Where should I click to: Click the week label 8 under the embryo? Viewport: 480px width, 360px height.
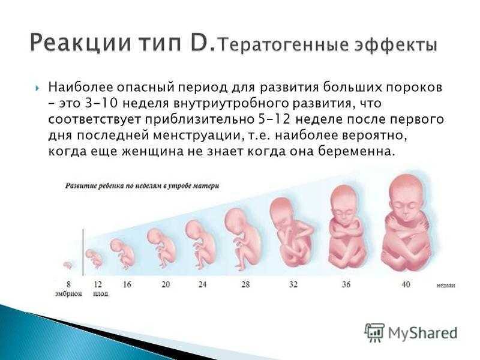(x=68, y=284)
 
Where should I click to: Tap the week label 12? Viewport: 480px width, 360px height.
(x=98, y=284)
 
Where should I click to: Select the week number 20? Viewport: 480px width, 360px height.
(x=166, y=284)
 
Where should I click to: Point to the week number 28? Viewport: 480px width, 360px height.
(x=245, y=284)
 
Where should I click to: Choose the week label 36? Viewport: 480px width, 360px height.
(x=346, y=284)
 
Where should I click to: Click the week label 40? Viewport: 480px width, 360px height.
(x=406, y=284)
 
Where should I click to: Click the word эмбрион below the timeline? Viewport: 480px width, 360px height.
(x=68, y=293)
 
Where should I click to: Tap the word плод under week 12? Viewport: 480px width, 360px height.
(x=100, y=294)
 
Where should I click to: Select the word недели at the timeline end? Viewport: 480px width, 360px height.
(x=446, y=286)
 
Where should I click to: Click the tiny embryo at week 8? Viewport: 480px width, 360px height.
(x=68, y=265)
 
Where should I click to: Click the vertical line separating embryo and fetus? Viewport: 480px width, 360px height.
(x=83, y=253)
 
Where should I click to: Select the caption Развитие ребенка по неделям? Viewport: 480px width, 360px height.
(x=142, y=186)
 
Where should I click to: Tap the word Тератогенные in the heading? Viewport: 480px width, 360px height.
(x=284, y=44)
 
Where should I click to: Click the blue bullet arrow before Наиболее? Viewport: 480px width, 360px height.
(x=37, y=89)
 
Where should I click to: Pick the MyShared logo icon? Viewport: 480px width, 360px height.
(x=374, y=332)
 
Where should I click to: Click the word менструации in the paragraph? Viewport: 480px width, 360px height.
(x=196, y=136)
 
